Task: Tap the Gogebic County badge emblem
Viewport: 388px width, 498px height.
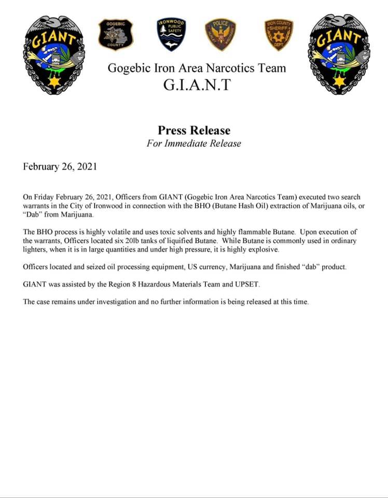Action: click(x=116, y=34)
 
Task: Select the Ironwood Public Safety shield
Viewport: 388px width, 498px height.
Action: click(x=171, y=34)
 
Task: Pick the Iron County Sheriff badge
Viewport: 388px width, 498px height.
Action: click(x=279, y=34)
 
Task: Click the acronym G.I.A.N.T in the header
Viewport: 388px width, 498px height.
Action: click(x=197, y=85)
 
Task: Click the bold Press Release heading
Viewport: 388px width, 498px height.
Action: click(x=194, y=130)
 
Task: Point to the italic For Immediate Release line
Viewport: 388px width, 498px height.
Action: click(x=193, y=144)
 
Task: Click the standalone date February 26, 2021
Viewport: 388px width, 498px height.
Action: click(x=60, y=167)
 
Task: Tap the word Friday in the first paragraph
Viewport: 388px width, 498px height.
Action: click(x=44, y=197)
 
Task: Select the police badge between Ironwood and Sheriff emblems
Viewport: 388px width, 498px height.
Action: click(x=220, y=34)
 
